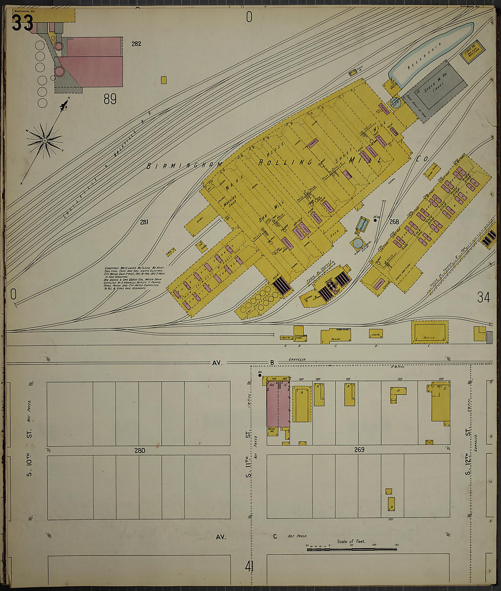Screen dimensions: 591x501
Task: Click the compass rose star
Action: tap(44, 141)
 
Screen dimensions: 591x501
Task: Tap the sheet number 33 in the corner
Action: tap(22, 23)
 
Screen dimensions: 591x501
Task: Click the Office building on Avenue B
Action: tap(429, 332)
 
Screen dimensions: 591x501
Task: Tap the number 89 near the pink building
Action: tap(110, 99)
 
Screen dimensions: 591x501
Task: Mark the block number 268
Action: tap(394, 222)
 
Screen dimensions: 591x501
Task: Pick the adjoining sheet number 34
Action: tap(483, 298)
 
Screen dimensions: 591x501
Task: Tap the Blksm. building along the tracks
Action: tap(336, 336)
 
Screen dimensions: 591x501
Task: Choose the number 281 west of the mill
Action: tap(144, 222)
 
